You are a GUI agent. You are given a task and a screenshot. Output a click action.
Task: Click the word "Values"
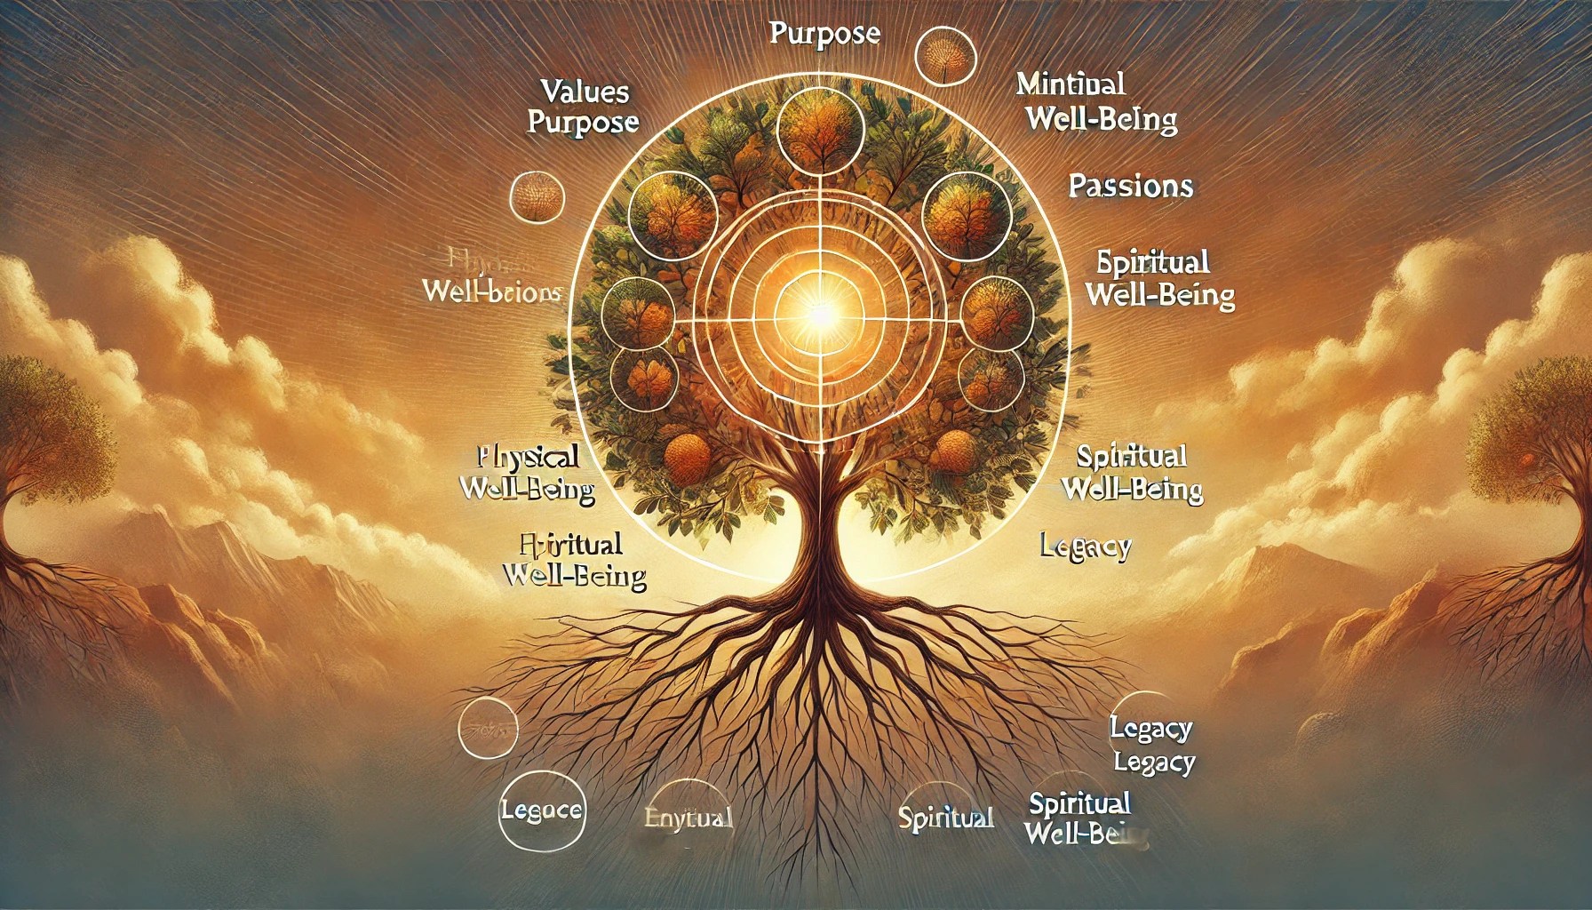(585, 92)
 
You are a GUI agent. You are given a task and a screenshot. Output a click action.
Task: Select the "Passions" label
(1130, 187)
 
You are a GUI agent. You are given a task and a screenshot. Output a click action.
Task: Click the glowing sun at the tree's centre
(816, 311)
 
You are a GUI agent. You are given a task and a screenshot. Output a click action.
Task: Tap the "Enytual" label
(687, 818)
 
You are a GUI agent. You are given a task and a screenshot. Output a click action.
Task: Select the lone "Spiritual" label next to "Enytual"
(944, 818)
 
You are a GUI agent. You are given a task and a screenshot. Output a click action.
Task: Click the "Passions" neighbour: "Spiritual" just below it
(1152, 264)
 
